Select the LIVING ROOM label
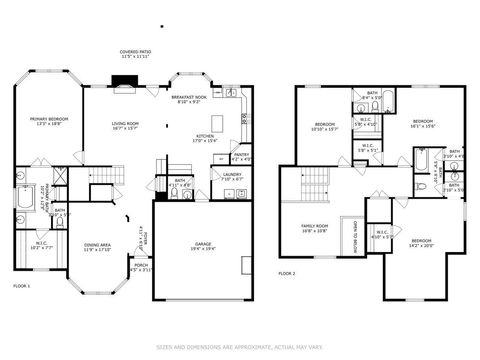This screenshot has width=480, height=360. (125, 123)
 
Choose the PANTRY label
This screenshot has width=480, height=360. (241, 156)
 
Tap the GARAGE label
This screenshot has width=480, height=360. (202, 244)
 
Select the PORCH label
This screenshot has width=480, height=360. (140, 267)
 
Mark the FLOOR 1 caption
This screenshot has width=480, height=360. (21, 286)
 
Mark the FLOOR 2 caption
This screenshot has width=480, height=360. (287, 272)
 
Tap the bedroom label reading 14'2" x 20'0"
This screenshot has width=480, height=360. (421, 242)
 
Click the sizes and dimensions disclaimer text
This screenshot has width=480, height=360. (240, 347)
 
